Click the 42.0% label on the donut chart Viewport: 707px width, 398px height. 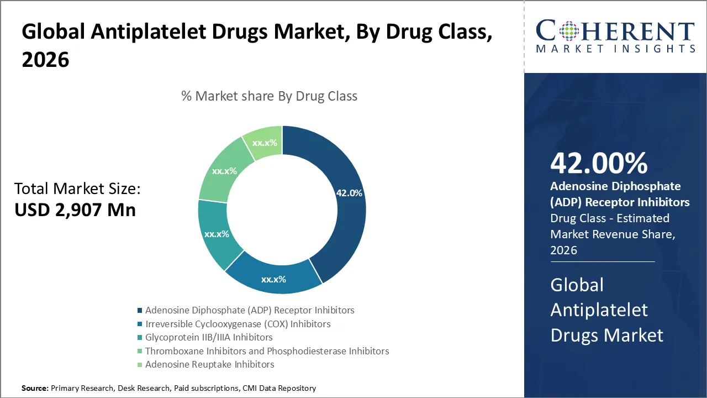tap(349, 193)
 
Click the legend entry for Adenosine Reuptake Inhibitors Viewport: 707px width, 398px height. tap(209, 364)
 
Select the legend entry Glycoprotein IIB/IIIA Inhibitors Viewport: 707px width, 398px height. tap(209, 337)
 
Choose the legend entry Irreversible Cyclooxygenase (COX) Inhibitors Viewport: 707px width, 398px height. tap(238, 324)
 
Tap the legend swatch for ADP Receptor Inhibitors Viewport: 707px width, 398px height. tap(140, 311)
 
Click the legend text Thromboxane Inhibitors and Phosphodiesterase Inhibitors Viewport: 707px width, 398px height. tap(267, 351)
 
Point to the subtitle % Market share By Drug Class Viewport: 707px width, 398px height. tap(269, 96)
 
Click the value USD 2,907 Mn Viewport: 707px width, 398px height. tap(75, 210)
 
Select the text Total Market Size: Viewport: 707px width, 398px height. tap(77, 189)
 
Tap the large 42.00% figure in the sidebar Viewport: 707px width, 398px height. tap(599, 163)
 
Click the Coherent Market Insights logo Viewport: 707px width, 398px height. tap(615, 36)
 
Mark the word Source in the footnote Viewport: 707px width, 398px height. tap(35, 389)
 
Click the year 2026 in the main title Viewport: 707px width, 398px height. tap(45, 60)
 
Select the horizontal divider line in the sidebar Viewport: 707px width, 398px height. tap(602, 261)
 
